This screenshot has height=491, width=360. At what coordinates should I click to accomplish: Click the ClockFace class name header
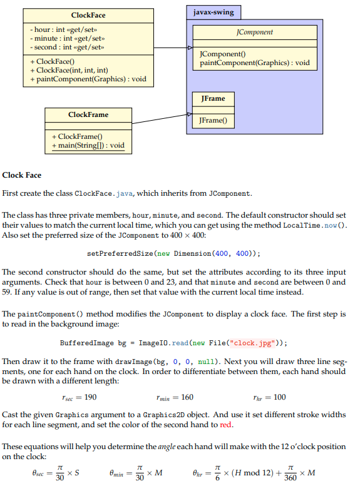tap(88, 15)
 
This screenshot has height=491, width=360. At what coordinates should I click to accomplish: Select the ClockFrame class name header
tap(88, 114)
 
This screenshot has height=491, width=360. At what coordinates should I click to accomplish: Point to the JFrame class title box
tap(213, 99)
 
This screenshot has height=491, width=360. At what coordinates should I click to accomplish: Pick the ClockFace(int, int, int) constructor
tap(72, 70)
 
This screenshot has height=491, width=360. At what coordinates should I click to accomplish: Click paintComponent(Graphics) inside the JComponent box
tap(254, 63)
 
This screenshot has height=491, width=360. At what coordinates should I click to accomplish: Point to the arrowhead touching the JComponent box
tap(190, 48)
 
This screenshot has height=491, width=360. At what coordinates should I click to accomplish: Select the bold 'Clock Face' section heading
tap(22, 175)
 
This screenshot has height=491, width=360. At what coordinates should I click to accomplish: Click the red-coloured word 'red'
tap(226, 425)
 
